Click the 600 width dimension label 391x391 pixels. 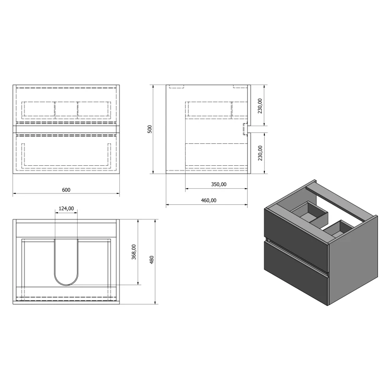coord(66,190)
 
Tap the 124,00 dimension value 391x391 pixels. coord(66,209)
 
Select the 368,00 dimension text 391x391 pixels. coord(134,252)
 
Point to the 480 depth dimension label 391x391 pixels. coord(152,260)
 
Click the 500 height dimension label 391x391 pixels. coord(150,129)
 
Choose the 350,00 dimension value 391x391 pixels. coord(218,185)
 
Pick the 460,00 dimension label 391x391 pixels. coord(209,201)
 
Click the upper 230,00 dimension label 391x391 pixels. coord(260,106)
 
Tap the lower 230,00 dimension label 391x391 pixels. coord(260,153)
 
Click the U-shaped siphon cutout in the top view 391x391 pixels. coord(66,285)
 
